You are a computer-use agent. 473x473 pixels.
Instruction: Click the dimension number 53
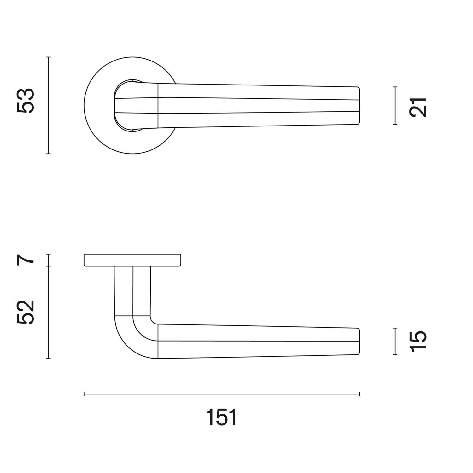pyautogui.click(x=25, y=101)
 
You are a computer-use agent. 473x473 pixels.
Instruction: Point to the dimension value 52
pyautogui.click(x=25, y=312)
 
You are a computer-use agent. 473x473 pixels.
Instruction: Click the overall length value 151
pyautogui.click(x=221, y=417)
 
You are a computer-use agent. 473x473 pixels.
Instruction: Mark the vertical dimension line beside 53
pyautogui.click(x=48, y=105)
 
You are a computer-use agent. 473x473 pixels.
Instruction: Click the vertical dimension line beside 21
pyautogui.click(x=395, y=106)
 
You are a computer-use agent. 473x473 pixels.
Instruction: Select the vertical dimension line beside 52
pyautogui.click(x=48, y=312)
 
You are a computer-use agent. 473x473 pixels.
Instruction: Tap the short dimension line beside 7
pyautogui.click(x=48, y=260)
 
